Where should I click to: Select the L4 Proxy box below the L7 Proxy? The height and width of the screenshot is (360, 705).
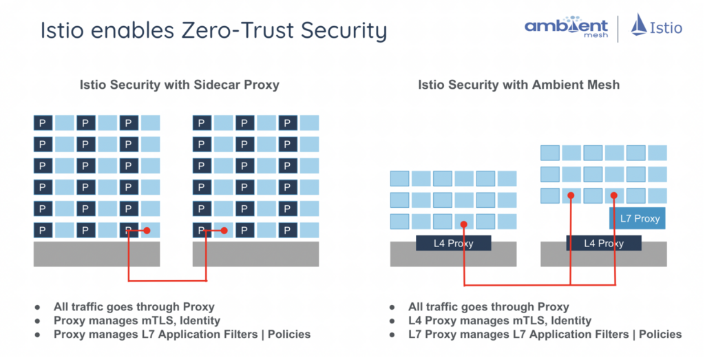coord(604,243)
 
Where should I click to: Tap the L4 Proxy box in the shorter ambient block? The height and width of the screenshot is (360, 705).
coord(453,243)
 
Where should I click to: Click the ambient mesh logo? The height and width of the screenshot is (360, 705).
coord(567,28)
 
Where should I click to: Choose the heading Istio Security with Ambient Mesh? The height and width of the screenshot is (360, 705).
coord(518,85)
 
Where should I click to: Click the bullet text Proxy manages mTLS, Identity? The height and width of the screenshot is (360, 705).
coord(137,320)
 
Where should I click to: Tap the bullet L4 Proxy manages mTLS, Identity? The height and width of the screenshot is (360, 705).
coord(499,320)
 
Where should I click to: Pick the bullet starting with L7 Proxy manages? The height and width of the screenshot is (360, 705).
coord(544,334)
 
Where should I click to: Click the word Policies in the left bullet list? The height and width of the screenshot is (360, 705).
coord(286,334)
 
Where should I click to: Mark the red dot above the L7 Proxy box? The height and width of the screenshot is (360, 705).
coord(613,195)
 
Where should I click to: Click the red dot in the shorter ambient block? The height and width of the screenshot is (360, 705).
coord(464,224)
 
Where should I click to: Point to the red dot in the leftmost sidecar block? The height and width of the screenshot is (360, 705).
coord(146,231)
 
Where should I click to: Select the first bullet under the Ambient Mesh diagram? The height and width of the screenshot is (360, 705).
coord(488,307)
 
